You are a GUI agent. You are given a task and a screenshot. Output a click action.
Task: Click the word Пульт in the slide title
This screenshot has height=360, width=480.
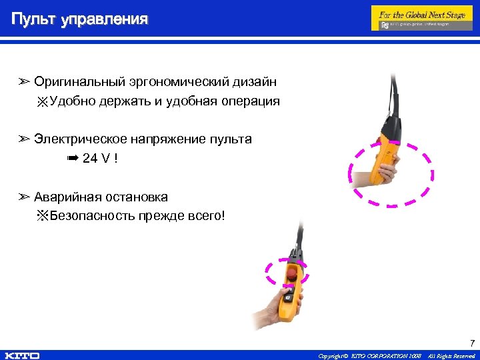(x=33, y=19)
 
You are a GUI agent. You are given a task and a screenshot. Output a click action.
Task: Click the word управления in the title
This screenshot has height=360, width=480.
(x=104, y=19)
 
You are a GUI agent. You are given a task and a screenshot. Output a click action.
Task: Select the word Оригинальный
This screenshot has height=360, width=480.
(x=80, y=82)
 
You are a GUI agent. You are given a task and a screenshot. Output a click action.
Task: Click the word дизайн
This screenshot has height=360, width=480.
(x=255, y=82)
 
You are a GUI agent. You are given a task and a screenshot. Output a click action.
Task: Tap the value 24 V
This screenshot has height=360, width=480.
(x=97, y=158)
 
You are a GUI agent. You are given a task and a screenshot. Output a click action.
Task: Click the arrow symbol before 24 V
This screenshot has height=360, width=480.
(x=73, y=158)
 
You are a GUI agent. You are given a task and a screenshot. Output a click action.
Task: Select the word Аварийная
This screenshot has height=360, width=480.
(x=69, y=197)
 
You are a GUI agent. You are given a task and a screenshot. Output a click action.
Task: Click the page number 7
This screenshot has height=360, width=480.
(x=472, y=344)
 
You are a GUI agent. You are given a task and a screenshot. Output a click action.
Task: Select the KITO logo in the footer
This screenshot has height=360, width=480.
(x=21, y=355)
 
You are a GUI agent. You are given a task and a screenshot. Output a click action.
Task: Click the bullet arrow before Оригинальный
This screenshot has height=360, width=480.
(x=24, y=82)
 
